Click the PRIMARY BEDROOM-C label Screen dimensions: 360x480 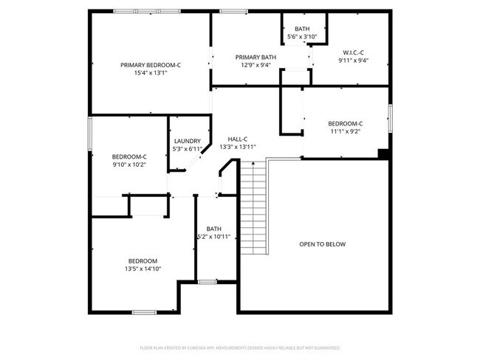coord(151,65)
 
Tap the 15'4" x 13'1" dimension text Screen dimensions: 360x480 coord(151,73)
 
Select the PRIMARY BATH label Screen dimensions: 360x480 coord(256,57)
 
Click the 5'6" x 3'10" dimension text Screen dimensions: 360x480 coord(301,36)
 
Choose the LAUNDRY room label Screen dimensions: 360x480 coord(188,141)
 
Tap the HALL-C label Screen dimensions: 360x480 coord(237,139)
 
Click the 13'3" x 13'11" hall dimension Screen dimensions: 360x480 coord(237,147)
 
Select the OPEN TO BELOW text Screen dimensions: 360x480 coord(322,244)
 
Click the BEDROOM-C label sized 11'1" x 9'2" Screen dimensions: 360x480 coord(346,123)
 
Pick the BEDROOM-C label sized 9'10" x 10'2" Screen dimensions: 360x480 coord(129,156)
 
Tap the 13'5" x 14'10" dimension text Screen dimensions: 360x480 coord(143,269)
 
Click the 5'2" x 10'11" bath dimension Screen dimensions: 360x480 coord(214,237)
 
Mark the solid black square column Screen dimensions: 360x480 coord(383,153)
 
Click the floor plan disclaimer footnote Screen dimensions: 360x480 coord(239,347)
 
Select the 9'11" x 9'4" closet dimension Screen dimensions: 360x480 coord(354,60)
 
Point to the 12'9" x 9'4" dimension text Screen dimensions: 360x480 coord(256,65)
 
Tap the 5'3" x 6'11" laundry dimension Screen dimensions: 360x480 coord(188,149)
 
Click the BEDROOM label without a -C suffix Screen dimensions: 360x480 coord(143,261)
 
